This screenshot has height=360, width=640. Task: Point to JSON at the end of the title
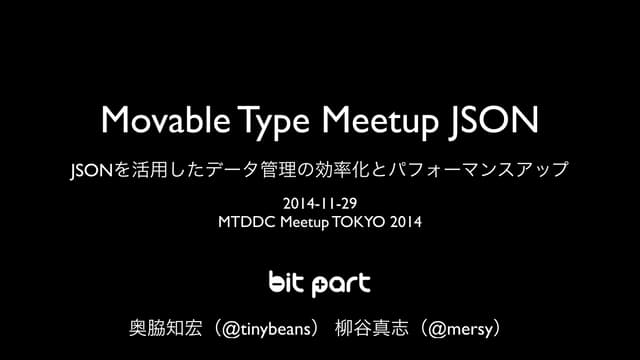498,120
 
